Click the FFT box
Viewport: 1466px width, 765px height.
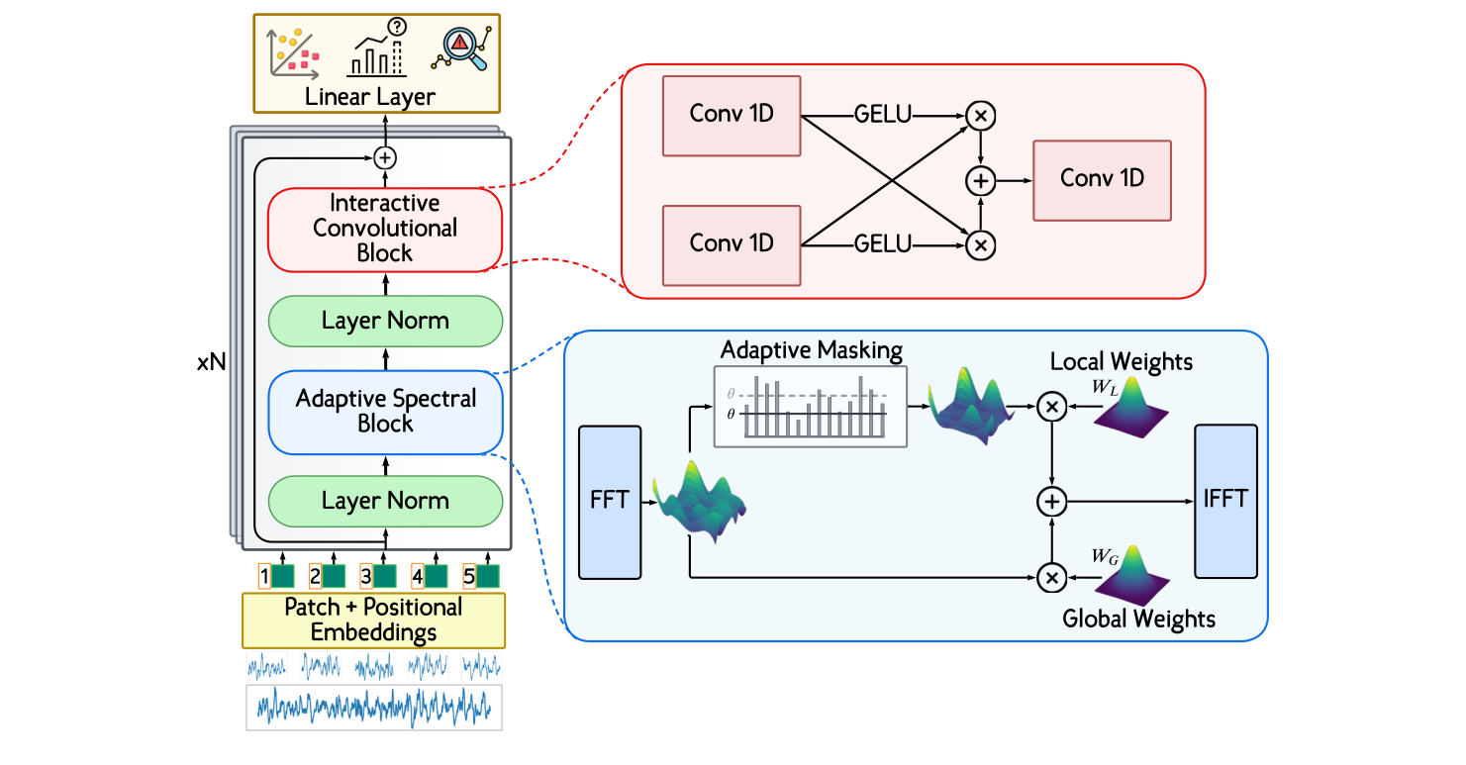coord(610,502)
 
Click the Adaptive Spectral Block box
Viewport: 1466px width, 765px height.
coord(386,412)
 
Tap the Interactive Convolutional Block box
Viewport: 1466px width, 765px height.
coord(385,229)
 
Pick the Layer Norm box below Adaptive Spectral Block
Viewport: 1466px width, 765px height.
coord(385,502)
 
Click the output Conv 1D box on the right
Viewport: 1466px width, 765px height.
coord(1102,180)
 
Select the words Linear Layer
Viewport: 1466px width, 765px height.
coord(370,97)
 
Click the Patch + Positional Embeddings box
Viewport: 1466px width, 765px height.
coord(373,620)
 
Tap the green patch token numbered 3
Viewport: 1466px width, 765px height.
coord(384,576)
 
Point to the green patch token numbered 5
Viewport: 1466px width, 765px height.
coord(487,576)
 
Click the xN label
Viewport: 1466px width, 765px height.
coord(212,363)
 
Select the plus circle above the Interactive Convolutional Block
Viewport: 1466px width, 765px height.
coord(385,157)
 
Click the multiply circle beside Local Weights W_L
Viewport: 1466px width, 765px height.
coord(1052,406)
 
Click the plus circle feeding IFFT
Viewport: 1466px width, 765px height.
coord(1052,502)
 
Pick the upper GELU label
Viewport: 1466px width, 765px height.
coord(883,116)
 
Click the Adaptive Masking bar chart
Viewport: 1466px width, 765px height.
coord(810,406)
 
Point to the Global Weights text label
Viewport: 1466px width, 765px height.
coord(1138,620)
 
